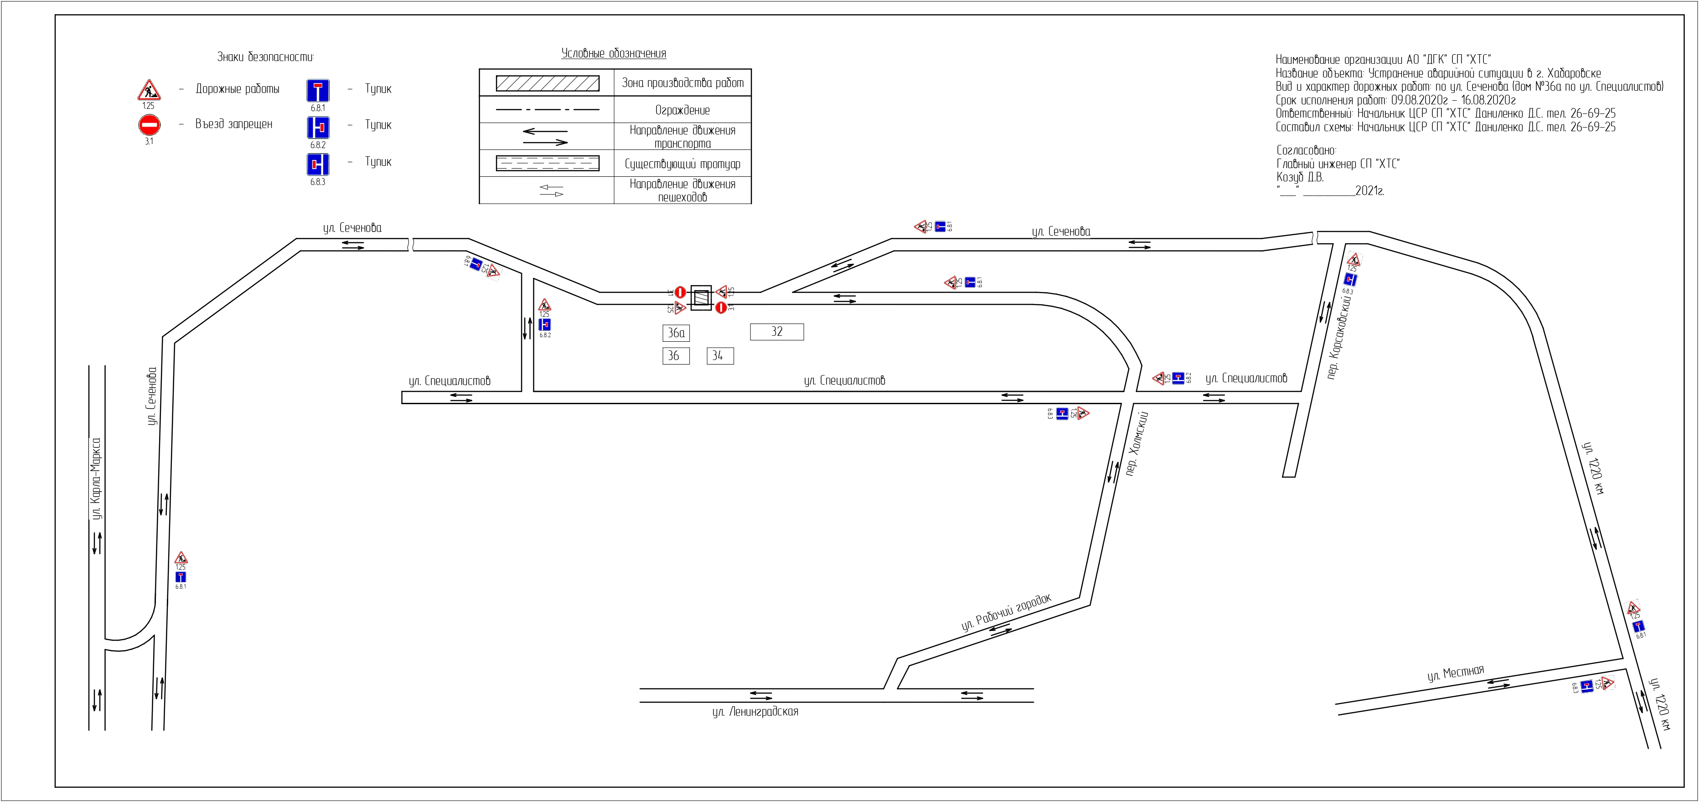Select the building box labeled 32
pyautogui.click(x=777, y=332)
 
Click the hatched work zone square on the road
pyautogui.click(x=701, y=298)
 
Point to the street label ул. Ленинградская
pyautogui.click(x=755, y=712)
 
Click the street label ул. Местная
pyautogui.click(x=1456, y=674)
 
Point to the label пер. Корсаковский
pyautogui.click(x=1339, y=338)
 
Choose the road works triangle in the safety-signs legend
pyautogui.click(x=149, y=90)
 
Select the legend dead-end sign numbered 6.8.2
pyautogui.click(x=318, y=127)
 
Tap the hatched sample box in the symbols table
pyautogui.click(x=547, y=83)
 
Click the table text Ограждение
pyautogui.click(x=682, y=110)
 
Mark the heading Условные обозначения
pyautogui.click(x=614, y=53)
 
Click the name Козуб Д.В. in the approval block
pyautogui.click(x=1299, y=177)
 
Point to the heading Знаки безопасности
pyautogui.click(x=265, y=57)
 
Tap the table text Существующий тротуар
pyautogui.click(x=682, y=164)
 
